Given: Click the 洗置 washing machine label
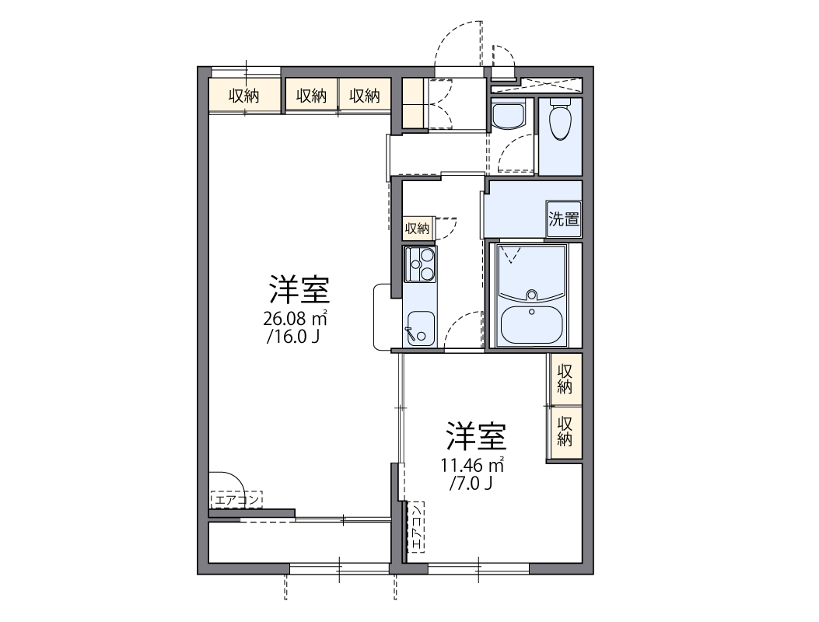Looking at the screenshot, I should pos(564,218).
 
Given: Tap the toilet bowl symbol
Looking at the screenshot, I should pos(560,120).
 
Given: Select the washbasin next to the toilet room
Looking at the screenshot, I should pos(509,117).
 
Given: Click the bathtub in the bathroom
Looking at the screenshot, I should pos(533,323).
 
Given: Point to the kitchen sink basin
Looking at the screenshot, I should pos(420,326).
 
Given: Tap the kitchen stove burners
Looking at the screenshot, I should pos(420,264).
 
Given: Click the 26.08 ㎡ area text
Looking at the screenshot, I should pos(295,318).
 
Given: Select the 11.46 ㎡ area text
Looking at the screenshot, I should pos(472,466).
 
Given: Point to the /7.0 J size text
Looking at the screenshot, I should pos(471,484).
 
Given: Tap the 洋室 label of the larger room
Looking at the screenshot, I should pos(299,290).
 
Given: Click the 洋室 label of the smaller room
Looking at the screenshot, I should pos(476,437).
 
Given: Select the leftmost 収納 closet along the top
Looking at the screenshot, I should pos(243,96).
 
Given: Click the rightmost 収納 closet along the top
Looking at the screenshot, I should pos(364,96).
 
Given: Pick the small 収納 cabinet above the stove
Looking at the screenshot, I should pos(417,228).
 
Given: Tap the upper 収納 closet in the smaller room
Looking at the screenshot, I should pos(565,378).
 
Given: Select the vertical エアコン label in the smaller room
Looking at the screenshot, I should pos(418,528).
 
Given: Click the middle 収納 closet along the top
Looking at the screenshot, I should pos(311,96).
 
